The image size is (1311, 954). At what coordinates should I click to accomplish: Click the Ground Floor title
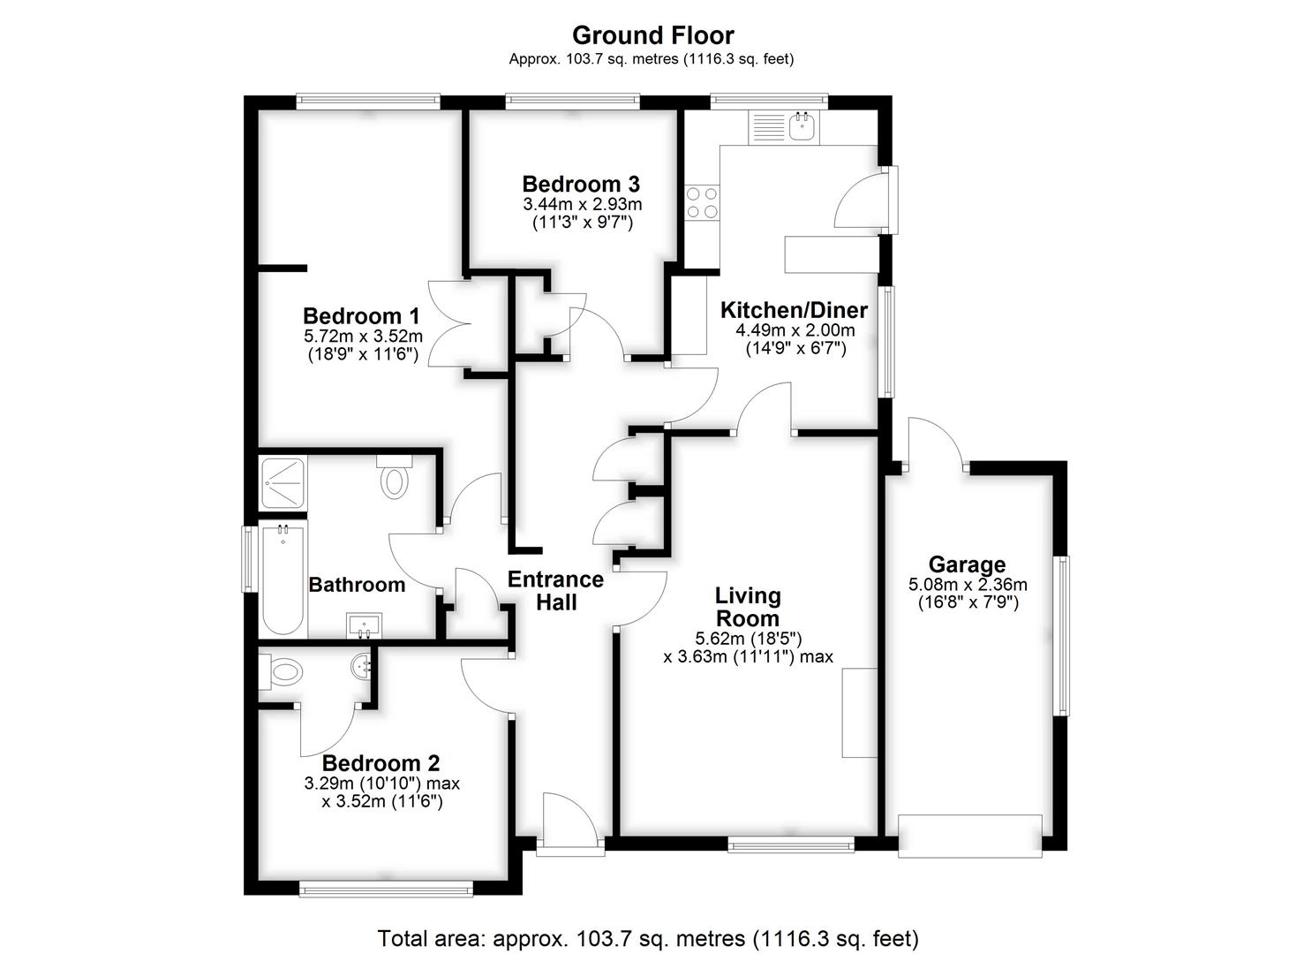point(652,35)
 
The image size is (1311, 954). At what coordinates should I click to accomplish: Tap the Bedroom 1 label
point(361,316)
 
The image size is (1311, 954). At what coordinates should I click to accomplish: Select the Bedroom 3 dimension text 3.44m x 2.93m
point(583,204)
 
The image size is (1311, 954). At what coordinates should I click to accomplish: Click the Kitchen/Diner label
point(794,310)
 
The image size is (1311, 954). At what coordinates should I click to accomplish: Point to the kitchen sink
point(804,127)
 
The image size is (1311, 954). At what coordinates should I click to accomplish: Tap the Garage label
point(967,564)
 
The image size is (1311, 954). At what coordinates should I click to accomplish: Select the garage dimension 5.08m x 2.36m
point(968,585)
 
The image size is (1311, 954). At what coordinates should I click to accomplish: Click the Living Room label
point(748,607)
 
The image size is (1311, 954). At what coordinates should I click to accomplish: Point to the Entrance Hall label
point(555,590)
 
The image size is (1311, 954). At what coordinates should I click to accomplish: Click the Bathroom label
point(357,585)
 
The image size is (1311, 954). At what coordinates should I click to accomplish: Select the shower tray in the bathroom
point(283,484)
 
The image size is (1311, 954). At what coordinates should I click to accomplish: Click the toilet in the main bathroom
point(395,477)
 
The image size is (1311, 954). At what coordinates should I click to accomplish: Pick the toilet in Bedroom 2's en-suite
point(281,671)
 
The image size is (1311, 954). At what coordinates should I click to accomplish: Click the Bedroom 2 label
point(381,763)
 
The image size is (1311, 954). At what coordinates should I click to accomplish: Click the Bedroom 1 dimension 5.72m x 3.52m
point(363,337)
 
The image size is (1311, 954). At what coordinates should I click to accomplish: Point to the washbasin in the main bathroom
point(364,625)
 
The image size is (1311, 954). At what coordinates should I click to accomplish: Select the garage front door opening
point(970,837)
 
